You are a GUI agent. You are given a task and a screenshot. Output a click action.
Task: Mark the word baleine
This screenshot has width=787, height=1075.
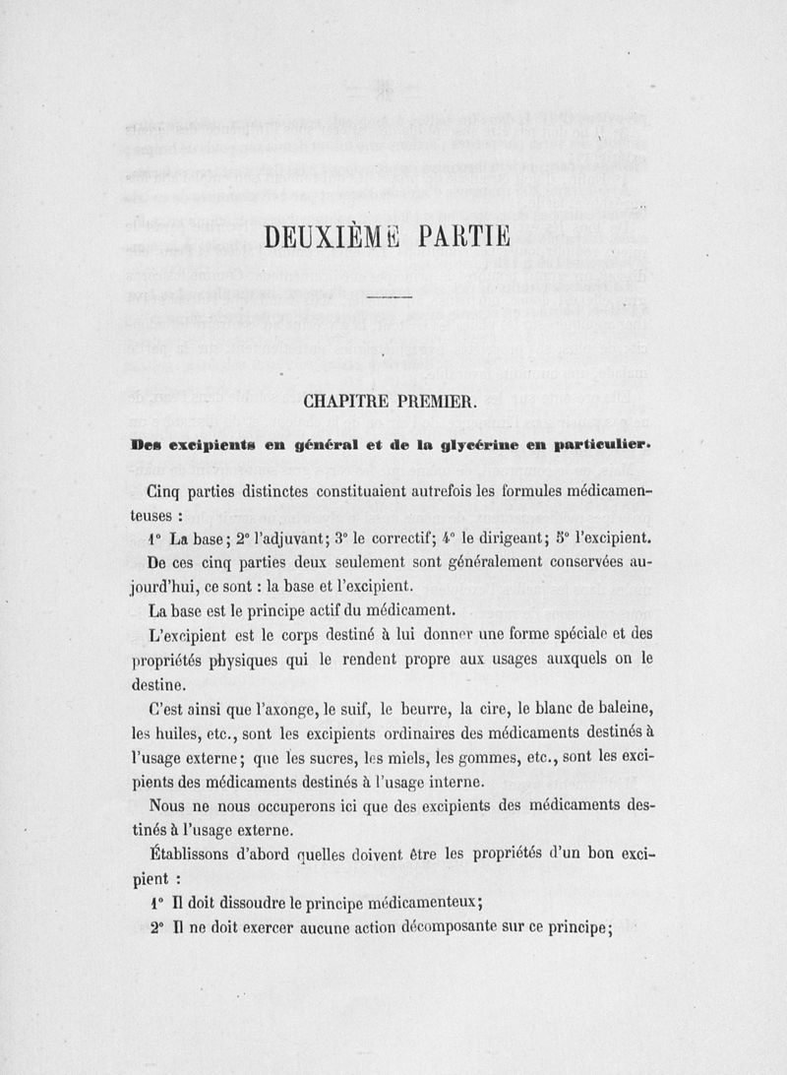pyautogui.click(x=620, y=708)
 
